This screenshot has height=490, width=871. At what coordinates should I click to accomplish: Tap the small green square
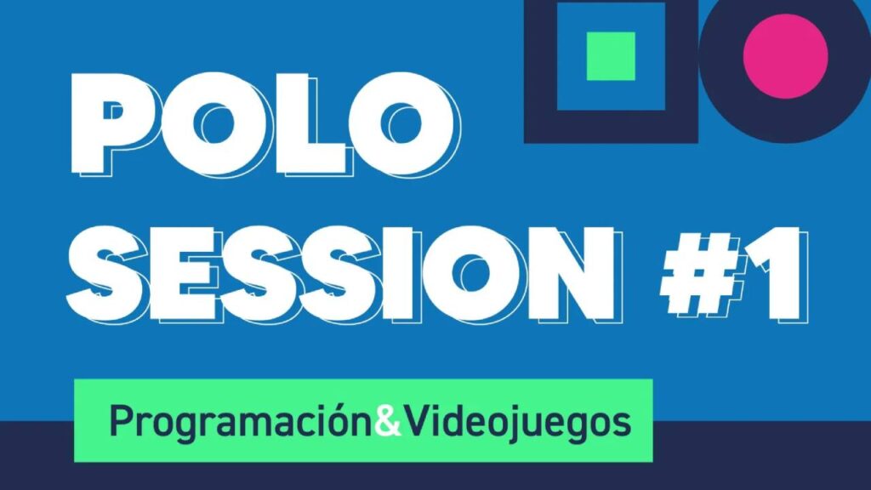coord(611,56)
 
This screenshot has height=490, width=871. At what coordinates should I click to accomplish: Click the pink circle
coord(785,56)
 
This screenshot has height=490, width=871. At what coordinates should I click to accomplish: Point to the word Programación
coord(242,423)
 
